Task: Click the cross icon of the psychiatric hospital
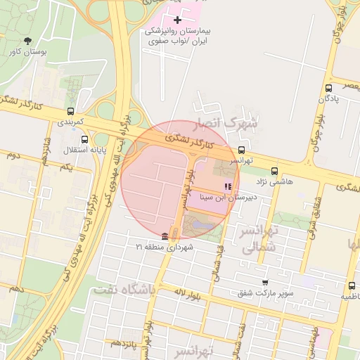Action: (x=177, y=20)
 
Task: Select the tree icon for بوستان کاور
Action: (x=28, y=41)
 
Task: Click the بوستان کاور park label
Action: (x=28, y=52)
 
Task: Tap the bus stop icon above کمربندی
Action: (x=70, y=111)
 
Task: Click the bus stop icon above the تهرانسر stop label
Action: (x=242, y=150)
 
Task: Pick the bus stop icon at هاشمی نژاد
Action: (x=274, y=170)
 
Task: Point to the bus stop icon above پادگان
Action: (x=329, y=88)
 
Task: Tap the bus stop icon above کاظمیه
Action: (x=352, y=285)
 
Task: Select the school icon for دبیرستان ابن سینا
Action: (x=227, y=186)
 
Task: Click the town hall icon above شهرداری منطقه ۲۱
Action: (x=165, y=236)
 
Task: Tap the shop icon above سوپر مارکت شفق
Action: (x=264, y=281)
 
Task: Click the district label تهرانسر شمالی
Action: (x=260, y=239)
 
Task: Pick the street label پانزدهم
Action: (x=124, y=343)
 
